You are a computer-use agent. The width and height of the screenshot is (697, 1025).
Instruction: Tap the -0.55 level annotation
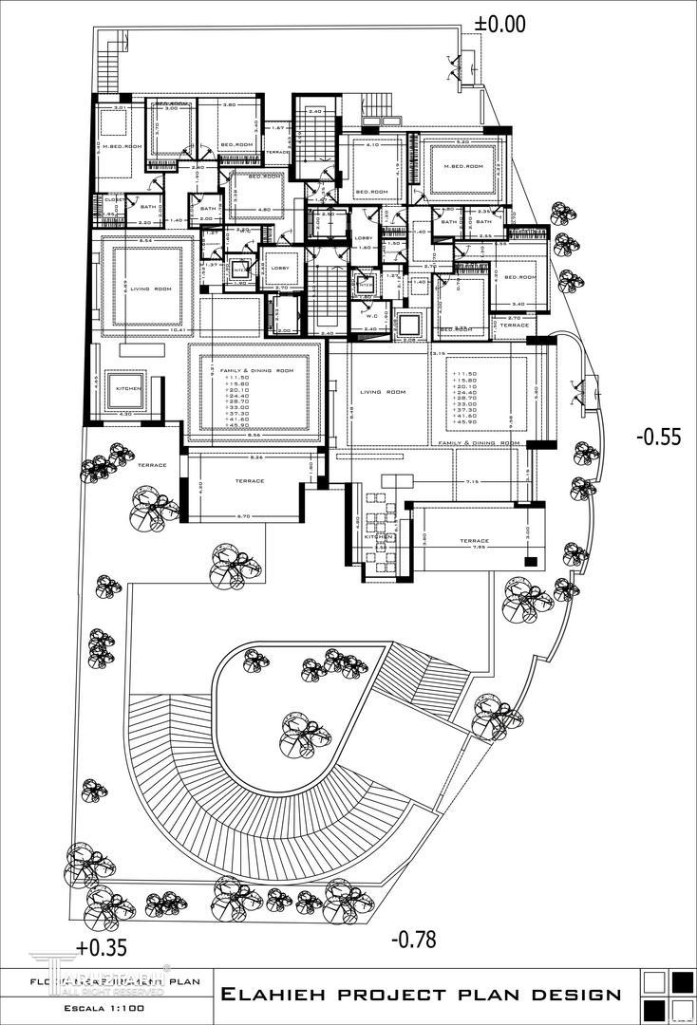click(658, 438)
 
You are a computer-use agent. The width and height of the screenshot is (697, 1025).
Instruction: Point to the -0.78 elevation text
click(413, 940)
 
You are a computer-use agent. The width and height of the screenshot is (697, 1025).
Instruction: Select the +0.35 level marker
click(101, 946)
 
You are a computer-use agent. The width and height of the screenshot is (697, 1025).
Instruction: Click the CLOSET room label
click(111, 200)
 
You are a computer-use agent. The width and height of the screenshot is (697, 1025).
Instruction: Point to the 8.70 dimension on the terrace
click(242, 515)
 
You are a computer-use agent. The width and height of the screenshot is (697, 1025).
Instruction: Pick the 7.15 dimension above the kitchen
click(471, 482)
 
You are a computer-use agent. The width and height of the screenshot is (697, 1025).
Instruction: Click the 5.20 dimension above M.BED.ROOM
click(462, 141)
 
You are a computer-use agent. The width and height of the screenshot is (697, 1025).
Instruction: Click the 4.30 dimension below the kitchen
click(124, 413)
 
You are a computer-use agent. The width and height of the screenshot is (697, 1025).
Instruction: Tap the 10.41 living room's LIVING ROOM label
click(150, 289)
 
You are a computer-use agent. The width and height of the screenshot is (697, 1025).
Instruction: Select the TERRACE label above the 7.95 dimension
click(474, 540)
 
